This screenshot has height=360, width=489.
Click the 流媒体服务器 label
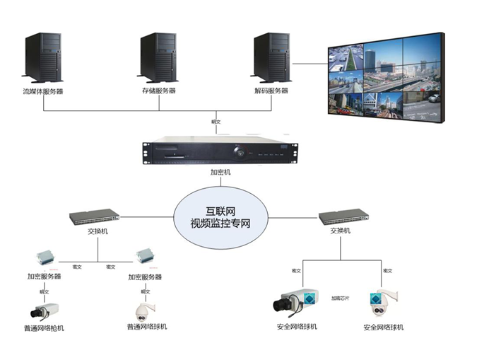click(x=43, y=91)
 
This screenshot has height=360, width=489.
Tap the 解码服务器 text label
click(x=271, y=91)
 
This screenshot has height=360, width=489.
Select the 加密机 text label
click(x=220, y=172)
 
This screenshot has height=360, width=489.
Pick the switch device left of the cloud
click(x=94, y=217)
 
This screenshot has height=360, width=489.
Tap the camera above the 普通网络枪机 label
click(x=44, y=309)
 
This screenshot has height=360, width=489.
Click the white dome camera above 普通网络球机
click(x=146, y=309)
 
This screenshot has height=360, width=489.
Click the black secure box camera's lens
click(x=281, y=306)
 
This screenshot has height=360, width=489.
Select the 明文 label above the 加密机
click(x=216, y=122)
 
